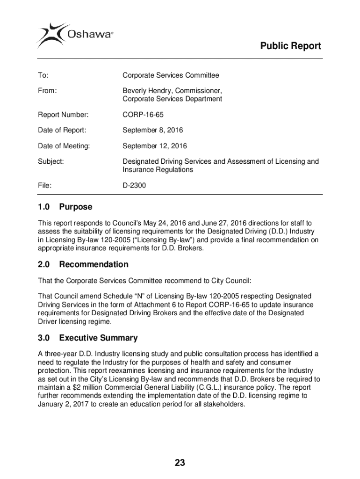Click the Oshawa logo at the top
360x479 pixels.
point(75,34)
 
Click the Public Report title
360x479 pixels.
point(290,46)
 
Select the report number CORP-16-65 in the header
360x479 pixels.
point(143,115)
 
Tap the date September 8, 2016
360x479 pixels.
point(152,130)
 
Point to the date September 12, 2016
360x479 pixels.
point(154,146)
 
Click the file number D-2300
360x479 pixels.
point(134,186)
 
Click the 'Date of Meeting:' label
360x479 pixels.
point(64,146)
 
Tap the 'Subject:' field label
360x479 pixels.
point(51,162)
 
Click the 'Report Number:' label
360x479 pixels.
point(63,115)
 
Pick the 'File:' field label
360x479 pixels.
point(45,186)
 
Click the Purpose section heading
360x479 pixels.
point(75,207)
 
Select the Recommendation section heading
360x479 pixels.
point(94,264)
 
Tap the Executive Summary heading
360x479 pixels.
point(98,338)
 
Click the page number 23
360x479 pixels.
point(180,463)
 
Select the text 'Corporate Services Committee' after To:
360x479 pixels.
point(171,75)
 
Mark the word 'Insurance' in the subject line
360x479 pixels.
point(139,170)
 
